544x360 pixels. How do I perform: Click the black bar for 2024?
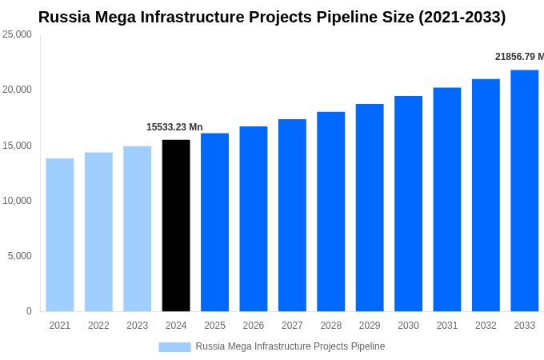tap(176, 226)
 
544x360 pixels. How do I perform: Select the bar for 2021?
tap(60, 234)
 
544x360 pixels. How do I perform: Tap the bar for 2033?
tap(524, 190)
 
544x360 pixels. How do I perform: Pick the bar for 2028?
tap(330, 211)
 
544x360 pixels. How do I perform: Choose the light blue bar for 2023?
tap(137, 229)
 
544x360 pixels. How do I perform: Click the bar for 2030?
tap(408, 203)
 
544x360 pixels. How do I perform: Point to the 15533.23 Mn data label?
tap(174, 127)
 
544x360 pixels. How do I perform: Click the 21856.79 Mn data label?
tap(518, 57)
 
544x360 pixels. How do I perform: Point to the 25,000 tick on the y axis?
tap(17, 34)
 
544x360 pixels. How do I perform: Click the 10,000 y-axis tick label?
tap(17, 201)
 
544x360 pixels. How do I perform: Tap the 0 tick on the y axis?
tap(29, 311)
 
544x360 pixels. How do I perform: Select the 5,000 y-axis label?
tap(19, 256)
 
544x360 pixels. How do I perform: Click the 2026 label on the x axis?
tap(254, 326)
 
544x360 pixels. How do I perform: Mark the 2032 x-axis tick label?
tap(486, 326)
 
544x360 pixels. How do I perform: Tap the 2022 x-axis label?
tap(98, 326)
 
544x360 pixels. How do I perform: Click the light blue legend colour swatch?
tap(174, 347)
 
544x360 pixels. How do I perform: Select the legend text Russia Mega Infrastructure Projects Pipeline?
tap(290, 346)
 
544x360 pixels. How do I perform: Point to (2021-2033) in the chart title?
tap(462, 17)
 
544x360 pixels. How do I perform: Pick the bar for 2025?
tap(214, 222)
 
